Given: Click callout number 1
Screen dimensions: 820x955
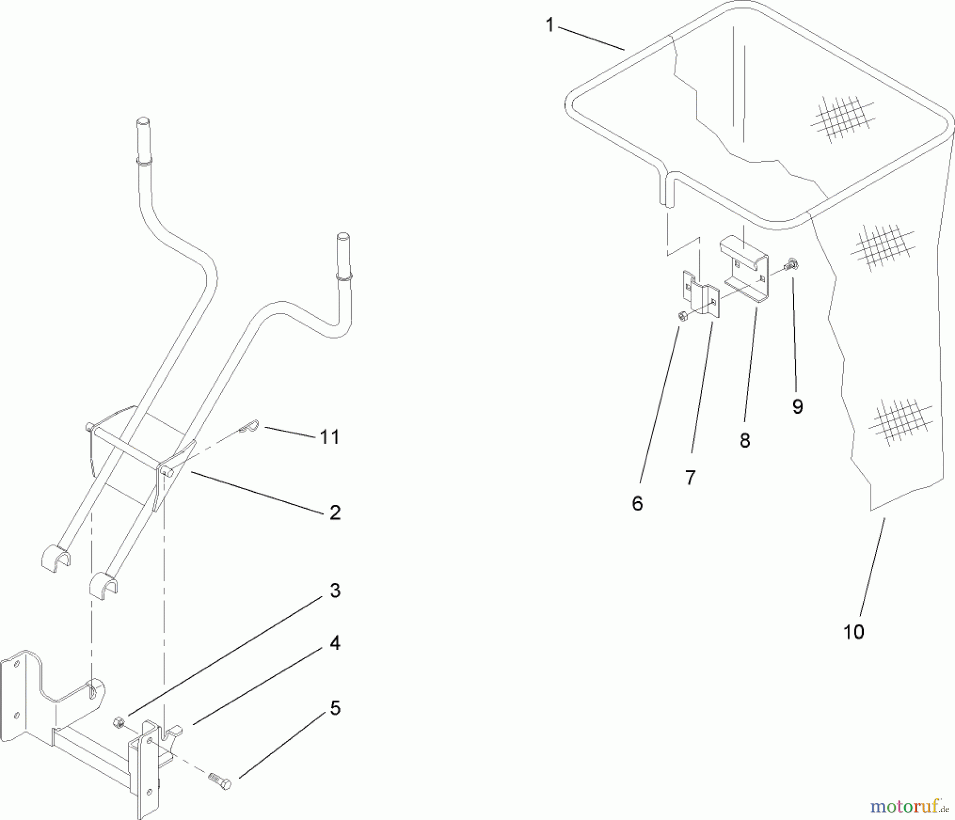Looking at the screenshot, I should click(550, 25).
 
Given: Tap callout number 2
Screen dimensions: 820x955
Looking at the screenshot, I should click(335, 512).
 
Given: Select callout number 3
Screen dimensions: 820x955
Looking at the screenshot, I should click(335, 590).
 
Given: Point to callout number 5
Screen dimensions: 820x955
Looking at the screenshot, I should click(335, 708).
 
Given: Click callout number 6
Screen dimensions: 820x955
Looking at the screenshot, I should click(637, 503).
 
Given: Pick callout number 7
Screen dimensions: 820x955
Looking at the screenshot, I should click(690, 477).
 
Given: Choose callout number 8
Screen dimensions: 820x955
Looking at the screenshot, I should click(745, 440).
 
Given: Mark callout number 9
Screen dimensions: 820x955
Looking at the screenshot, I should click(797, 406).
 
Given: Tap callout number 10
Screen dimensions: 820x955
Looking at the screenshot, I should click(854, 632).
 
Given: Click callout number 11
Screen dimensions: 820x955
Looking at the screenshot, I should click(329, 437).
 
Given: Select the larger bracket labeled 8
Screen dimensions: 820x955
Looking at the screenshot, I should click(745, 271).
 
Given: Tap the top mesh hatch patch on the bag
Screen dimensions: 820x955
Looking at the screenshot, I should click(842, 119).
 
